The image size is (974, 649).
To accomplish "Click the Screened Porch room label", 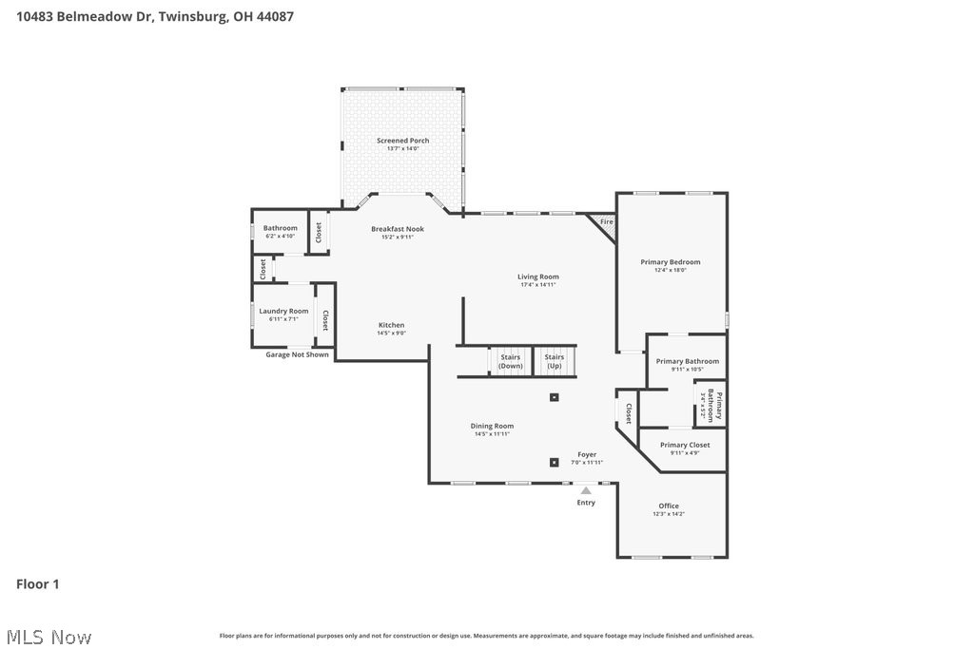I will pos(402,141).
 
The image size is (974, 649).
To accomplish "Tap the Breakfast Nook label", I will pos(398,229).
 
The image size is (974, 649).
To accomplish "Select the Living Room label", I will pos(537,277).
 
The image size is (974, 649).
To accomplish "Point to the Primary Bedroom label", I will pos(670,262).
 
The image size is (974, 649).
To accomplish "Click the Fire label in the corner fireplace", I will pos(606,222).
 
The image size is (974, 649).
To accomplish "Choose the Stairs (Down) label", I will pos(511,361).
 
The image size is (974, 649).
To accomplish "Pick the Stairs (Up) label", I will pos(554,361).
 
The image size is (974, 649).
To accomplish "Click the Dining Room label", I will pos(492,426).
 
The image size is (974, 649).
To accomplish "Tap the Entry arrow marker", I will pos(586,490).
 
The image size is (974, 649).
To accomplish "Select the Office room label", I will pos(669,506).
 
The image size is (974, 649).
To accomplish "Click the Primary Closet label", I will pos(685,445).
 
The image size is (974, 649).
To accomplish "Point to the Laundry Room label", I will pos(283,311).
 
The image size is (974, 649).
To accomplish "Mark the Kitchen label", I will pos(391,325).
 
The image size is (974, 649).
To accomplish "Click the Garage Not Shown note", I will pos(297,354).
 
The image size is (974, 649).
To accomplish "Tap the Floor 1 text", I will pos(38,584).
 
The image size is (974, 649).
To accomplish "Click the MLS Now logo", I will pos(47,636).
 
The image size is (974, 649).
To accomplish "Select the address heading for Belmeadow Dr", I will pos(147,16).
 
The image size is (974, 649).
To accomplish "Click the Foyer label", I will pos(587,454).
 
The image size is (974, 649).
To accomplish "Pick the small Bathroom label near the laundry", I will pos(281,228).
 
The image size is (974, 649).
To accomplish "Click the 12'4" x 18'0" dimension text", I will pos(670,270).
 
